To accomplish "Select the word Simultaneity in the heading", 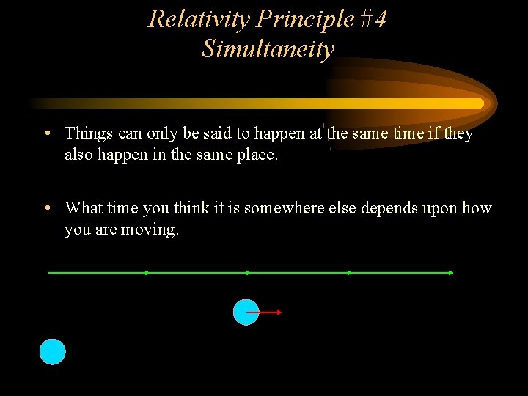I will (268, 49).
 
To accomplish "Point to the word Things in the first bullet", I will (89, 133).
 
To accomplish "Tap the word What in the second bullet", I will (83, 208).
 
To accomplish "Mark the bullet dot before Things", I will (46, 133).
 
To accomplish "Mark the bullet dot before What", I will (46, 208).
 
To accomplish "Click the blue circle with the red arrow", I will (245, 312).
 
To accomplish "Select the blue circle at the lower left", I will (52, 352).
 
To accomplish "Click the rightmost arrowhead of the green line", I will (450, 273).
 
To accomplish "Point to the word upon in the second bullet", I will (441, 208).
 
